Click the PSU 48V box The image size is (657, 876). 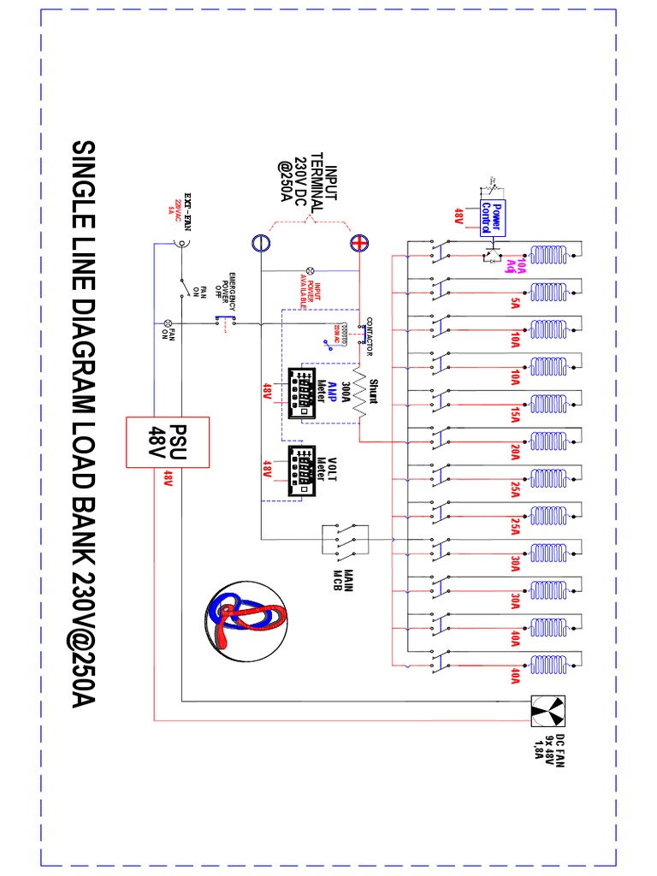click(x=168, y=441)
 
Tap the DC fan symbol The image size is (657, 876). click(x=544, y=709)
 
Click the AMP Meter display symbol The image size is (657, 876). click(x=301, y=394)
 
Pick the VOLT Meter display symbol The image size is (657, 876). click(x=301, y=471)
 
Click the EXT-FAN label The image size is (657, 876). click(x=192, y=205)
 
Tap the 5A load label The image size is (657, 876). click(x=516, y=303)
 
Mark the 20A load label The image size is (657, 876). click(x=516, y=451)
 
